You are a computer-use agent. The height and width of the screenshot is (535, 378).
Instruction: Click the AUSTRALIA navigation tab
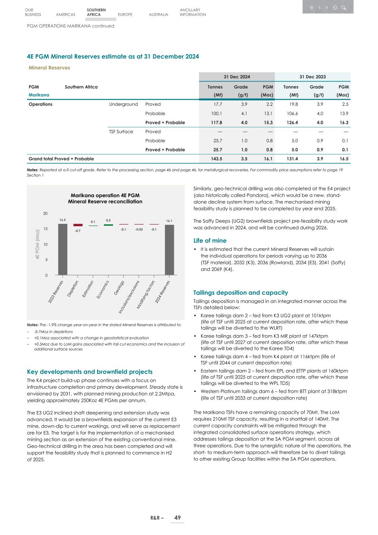point(158,15)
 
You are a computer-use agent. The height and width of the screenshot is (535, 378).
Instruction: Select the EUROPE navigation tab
point(125,15)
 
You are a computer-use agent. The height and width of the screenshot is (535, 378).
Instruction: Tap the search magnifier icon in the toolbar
point(344,7)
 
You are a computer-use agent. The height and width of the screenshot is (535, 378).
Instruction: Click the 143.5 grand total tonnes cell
point(217,159)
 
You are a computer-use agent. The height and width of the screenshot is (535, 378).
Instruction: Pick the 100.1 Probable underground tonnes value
point(217,113)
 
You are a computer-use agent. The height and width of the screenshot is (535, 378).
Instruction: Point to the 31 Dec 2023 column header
point(313,77)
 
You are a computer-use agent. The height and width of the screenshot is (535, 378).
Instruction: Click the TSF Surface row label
point(121,132)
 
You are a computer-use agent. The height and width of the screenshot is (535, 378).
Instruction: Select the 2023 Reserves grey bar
point(63,249)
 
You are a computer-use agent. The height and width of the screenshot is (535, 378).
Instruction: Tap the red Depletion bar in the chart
point(78,225)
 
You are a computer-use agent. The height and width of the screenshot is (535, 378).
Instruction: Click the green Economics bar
point(108,225)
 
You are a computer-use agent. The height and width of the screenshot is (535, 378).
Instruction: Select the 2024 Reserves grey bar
point(169,250)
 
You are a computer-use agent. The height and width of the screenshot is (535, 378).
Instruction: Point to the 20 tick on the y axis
point(45,214)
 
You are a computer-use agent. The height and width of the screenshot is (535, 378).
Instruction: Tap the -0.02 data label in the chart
point(139,229)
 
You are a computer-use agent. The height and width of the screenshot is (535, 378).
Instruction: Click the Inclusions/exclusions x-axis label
point(130,297)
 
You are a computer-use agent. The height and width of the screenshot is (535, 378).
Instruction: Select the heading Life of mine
point(210,241)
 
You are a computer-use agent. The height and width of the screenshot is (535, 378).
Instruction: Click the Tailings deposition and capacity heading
point(241,293)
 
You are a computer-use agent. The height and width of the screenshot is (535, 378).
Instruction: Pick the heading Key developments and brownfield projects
point(89,372)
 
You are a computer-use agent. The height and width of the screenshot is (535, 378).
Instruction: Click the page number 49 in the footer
point(177,518)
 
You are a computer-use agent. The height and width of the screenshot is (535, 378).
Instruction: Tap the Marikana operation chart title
point(105,198)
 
